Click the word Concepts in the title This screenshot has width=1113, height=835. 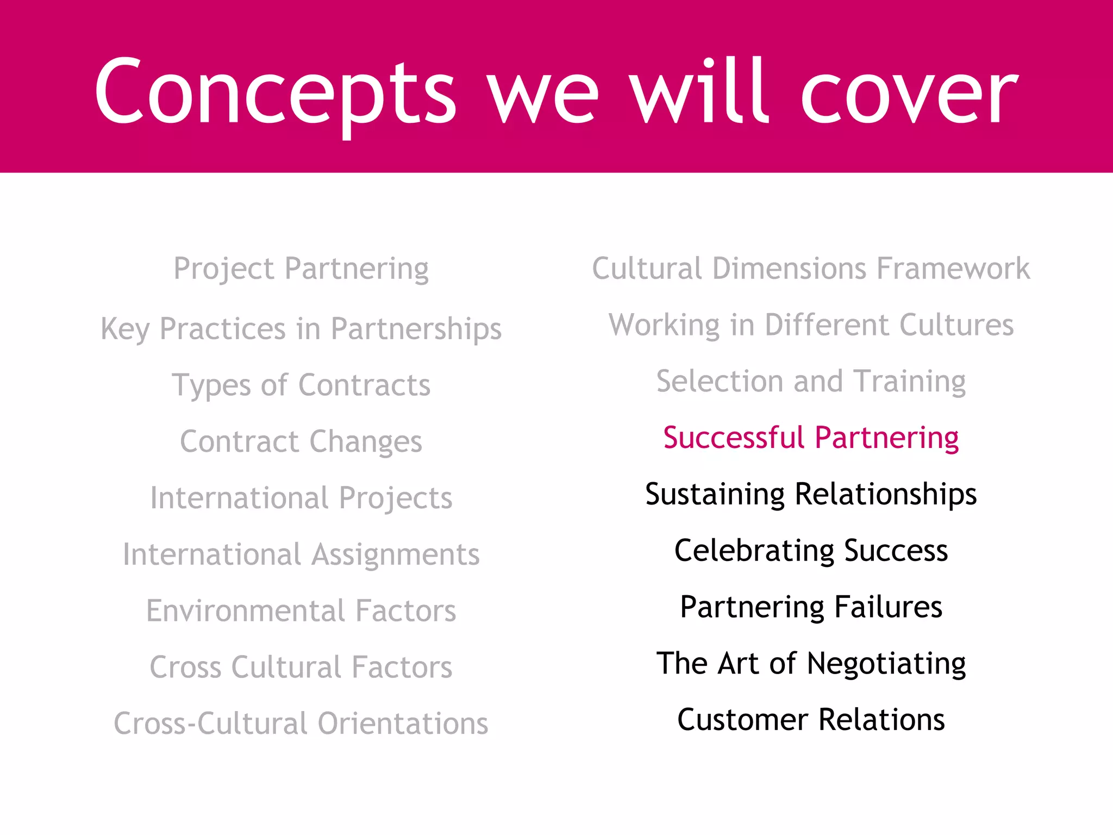click(x=275, y=92)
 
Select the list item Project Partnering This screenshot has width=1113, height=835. click(x=301, y=269)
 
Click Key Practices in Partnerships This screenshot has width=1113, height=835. click(x=301, y=329)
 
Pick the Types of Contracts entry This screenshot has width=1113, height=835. click(x=301, y=385)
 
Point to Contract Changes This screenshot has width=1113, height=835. click(x=301, y=441)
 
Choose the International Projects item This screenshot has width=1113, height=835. click(x=301, y=498)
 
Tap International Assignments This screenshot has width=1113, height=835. click(x=301, y=554)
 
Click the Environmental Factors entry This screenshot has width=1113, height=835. click(x=301, y=610)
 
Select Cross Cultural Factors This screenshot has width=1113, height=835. click(x=301, y=667)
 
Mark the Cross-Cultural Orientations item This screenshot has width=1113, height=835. click(x=301, y=724)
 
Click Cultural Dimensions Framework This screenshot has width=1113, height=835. click(x=811, y=269)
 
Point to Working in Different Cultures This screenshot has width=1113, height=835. click(x=811, y=325)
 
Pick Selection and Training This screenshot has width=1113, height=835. click(x=811, y=382)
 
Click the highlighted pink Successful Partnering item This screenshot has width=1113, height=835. click(x=811, y=438)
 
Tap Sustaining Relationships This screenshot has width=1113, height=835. click(x=811, y=494)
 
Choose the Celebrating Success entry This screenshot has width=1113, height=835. click(x=811, y=551)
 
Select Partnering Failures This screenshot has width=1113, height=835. click(x=811, y=607)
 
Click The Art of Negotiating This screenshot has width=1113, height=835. click(x=811, y=663)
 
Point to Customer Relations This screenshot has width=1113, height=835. click(x=811, y=720)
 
